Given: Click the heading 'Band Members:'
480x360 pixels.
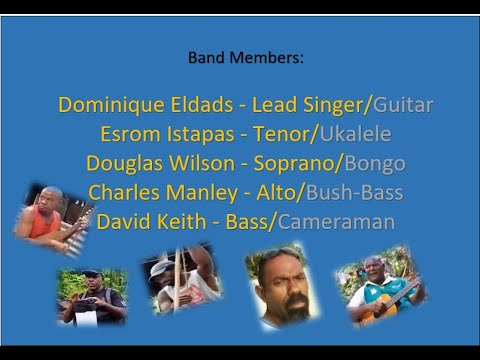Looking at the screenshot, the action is (x=246, y=57).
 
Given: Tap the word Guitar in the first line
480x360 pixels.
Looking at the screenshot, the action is (x=403, y=105).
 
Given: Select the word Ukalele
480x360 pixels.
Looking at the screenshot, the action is (x=356, y=134).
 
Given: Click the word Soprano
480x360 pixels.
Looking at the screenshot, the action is (x=295, y=164).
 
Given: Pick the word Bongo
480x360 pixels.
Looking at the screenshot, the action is (x=375, y=164).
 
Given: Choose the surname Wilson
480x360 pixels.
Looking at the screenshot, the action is (x=202, y=163).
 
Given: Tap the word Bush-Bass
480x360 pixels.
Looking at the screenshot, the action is (x=355, y=193).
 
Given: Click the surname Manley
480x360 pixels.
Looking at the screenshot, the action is (x=202, y=193).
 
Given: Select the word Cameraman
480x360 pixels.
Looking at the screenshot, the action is (x=337, y=222).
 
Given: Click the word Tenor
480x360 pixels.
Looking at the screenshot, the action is (x=282, y=134).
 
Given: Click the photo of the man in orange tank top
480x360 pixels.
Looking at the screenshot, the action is (x=53, y=219).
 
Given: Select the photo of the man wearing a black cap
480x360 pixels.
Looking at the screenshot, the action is (x=92, y=297).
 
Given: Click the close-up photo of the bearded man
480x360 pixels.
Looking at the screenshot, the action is (x=282, y=286).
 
